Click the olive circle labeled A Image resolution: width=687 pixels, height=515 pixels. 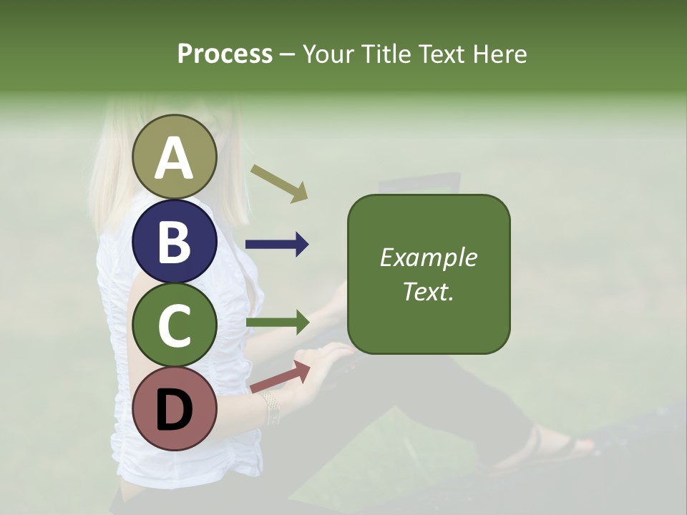(175, 157)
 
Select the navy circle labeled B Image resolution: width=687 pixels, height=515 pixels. (175, 241)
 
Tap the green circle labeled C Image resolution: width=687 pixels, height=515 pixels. (175, 325)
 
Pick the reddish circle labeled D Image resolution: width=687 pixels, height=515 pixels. (175, 409)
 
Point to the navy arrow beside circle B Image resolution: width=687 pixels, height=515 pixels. (277, 245)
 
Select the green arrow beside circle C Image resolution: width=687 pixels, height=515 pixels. (277, 322)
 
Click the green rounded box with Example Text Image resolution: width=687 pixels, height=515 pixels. (429, 274)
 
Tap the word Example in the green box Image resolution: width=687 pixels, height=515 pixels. (429, 257)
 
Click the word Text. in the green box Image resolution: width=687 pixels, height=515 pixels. (428, 291)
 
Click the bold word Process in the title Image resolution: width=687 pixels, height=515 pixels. (225, 54)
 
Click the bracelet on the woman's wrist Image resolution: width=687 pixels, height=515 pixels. (271, 407)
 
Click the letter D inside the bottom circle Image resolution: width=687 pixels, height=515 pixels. (175, 411)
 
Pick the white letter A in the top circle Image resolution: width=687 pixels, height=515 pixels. (175, 158)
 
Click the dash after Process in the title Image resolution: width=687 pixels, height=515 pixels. (288, 54)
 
